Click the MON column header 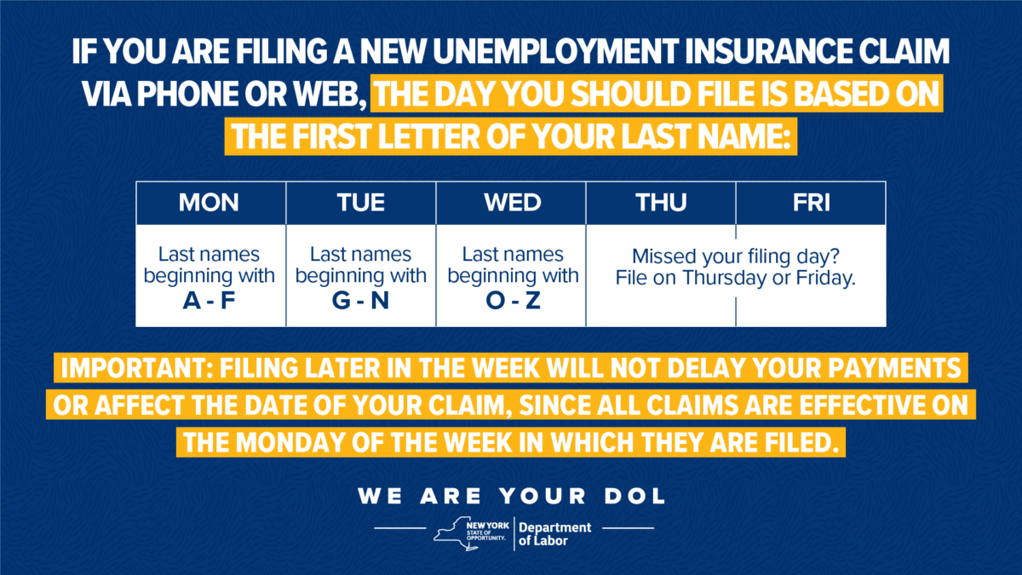209,203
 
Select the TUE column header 360,203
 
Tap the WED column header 512,203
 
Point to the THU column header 661,203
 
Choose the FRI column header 811,203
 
